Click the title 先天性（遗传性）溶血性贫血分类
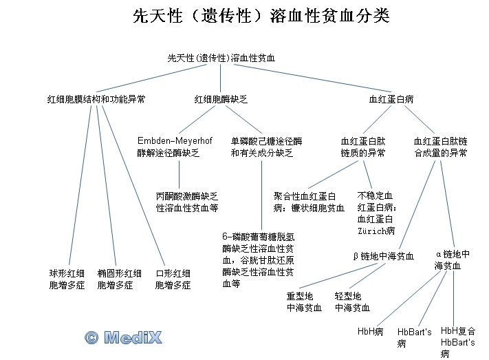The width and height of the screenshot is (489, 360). point(261,16)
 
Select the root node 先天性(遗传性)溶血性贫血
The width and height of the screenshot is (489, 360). point(221,59)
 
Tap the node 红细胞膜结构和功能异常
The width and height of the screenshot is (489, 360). point(96,99)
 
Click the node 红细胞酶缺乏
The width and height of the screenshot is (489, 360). point(221,99)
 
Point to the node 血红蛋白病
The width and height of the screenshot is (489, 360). point(391,99)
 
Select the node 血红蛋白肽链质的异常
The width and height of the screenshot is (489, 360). point(362,147)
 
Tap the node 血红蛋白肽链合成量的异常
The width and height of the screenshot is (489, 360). point(441,147)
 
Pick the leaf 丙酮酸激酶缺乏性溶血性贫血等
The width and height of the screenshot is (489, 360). point(187,201)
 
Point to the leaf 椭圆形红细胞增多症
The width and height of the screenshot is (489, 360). point(120,279)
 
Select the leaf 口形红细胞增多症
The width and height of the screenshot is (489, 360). point(173,279)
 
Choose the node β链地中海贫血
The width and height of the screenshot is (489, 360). point(383,256)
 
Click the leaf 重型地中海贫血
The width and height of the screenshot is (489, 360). point(304,301)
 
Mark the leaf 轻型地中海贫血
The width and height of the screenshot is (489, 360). point(352,301)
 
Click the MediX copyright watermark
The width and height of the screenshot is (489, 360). point(123,337)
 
